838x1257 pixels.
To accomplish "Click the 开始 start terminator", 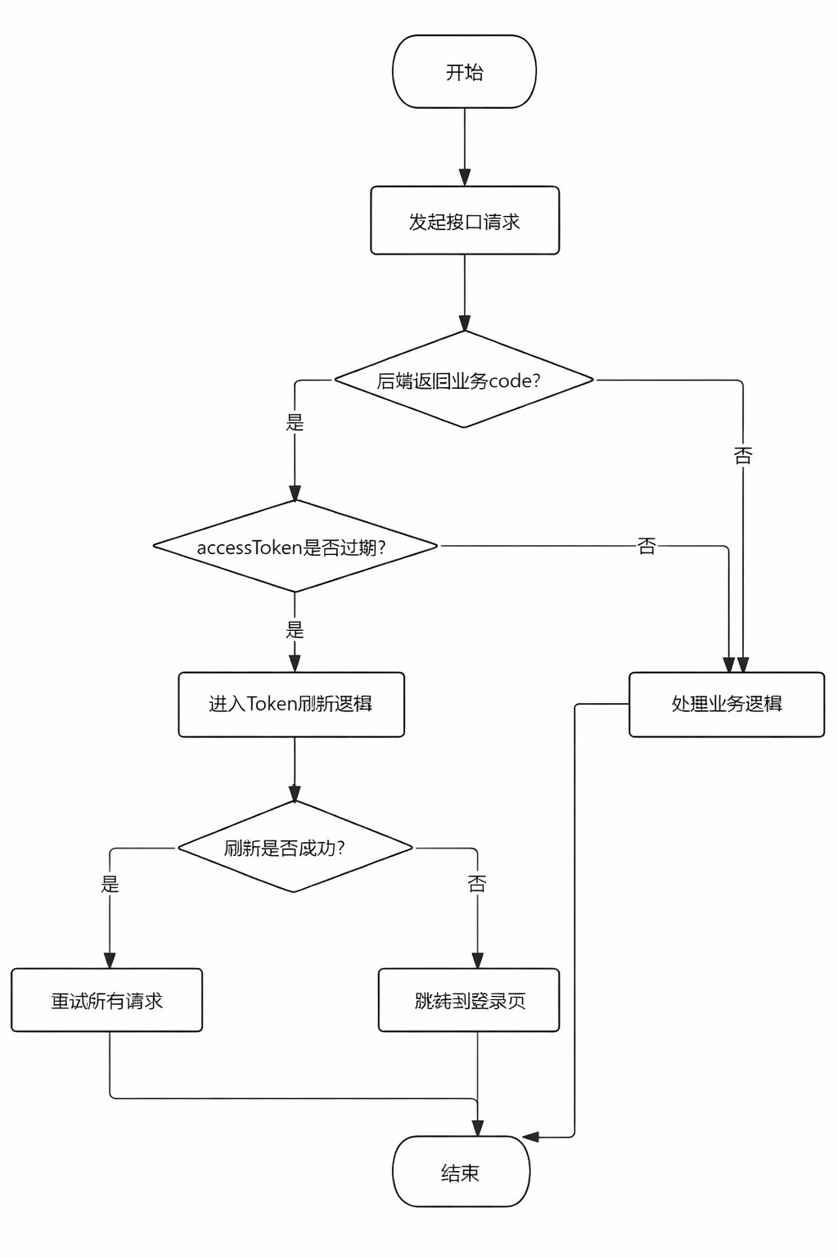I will point(464,72).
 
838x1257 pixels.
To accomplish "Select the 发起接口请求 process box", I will point(464,221).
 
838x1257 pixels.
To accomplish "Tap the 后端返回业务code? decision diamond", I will point(463,380).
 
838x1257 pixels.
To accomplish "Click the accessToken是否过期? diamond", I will point(295,547).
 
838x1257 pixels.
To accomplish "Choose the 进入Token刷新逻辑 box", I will point(291,705).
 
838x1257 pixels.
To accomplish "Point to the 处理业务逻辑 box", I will point(726,705).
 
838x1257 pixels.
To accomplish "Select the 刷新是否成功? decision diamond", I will point(295,848).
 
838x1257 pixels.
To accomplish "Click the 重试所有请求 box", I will point(106,1000).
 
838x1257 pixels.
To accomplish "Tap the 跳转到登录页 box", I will point(469,1000).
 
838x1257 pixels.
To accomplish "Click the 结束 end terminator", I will point(461,1172).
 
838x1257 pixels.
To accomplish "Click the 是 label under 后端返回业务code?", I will point(295,422).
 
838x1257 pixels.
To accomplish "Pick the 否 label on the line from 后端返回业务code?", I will point(742,456).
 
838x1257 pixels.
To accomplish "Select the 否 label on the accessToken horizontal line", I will point(647,546).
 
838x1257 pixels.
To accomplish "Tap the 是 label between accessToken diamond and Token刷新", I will point(295,629).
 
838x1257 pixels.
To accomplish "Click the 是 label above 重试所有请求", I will point(110,884).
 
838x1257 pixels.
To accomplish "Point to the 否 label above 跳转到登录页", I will point(477,884).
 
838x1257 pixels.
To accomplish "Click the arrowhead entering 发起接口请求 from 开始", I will point(465,178).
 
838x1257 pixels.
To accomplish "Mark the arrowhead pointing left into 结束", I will point(531,1137).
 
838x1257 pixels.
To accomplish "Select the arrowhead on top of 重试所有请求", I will point(110,960).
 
